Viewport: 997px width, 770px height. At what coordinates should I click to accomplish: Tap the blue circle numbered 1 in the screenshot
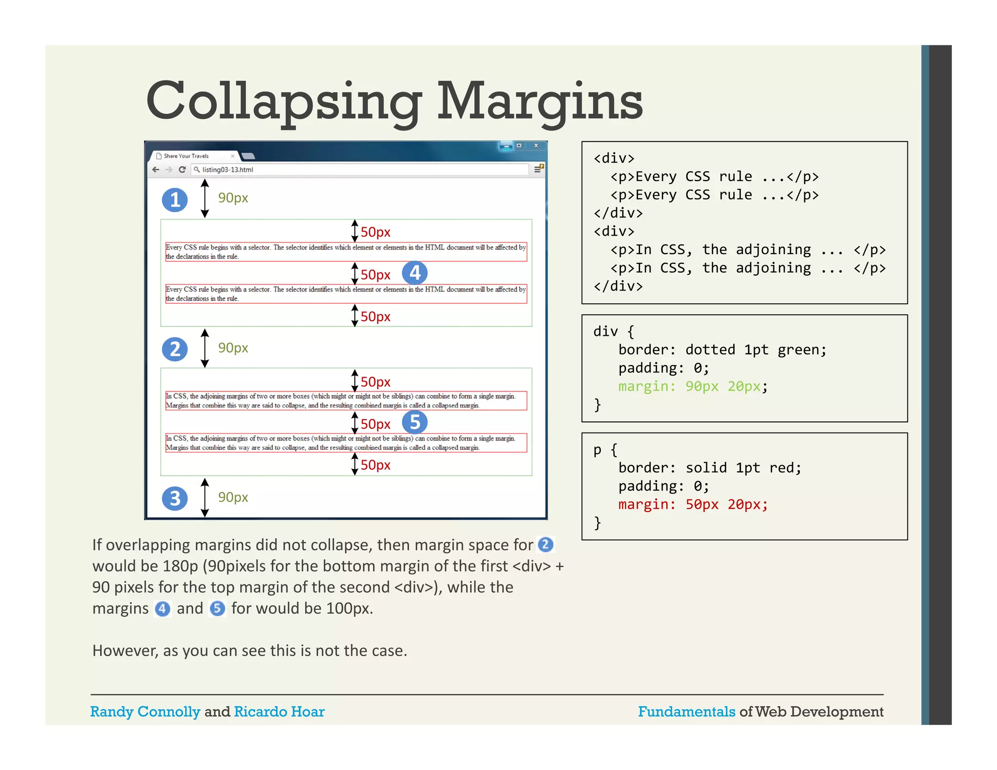tap(175, 200)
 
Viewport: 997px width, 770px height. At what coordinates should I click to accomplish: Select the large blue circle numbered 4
tap(415, 273)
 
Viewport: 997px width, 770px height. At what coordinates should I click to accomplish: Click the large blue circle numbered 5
tap(415, 422)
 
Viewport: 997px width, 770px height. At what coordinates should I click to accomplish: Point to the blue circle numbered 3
tap(175, 498)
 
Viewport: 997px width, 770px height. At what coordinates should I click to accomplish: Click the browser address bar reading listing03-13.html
tap(360, 169)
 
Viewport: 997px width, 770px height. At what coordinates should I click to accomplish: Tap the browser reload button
tap(182, 169)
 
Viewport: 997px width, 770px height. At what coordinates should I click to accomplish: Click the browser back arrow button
tap(155, 169)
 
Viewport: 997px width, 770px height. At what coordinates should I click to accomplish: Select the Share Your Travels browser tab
tap(190, 156)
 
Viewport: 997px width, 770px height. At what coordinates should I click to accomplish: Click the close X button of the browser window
tap(536, 146)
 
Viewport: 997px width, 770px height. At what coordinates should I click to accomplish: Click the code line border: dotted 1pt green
tap(722, 349)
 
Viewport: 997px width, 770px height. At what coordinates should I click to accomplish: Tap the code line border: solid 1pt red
tap(709, 468)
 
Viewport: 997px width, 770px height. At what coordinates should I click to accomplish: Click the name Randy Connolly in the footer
tap(145, 712)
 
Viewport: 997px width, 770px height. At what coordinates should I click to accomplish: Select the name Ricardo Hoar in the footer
tap(279, 712)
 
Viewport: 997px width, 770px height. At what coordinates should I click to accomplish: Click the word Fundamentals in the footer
tap(686, 712)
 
